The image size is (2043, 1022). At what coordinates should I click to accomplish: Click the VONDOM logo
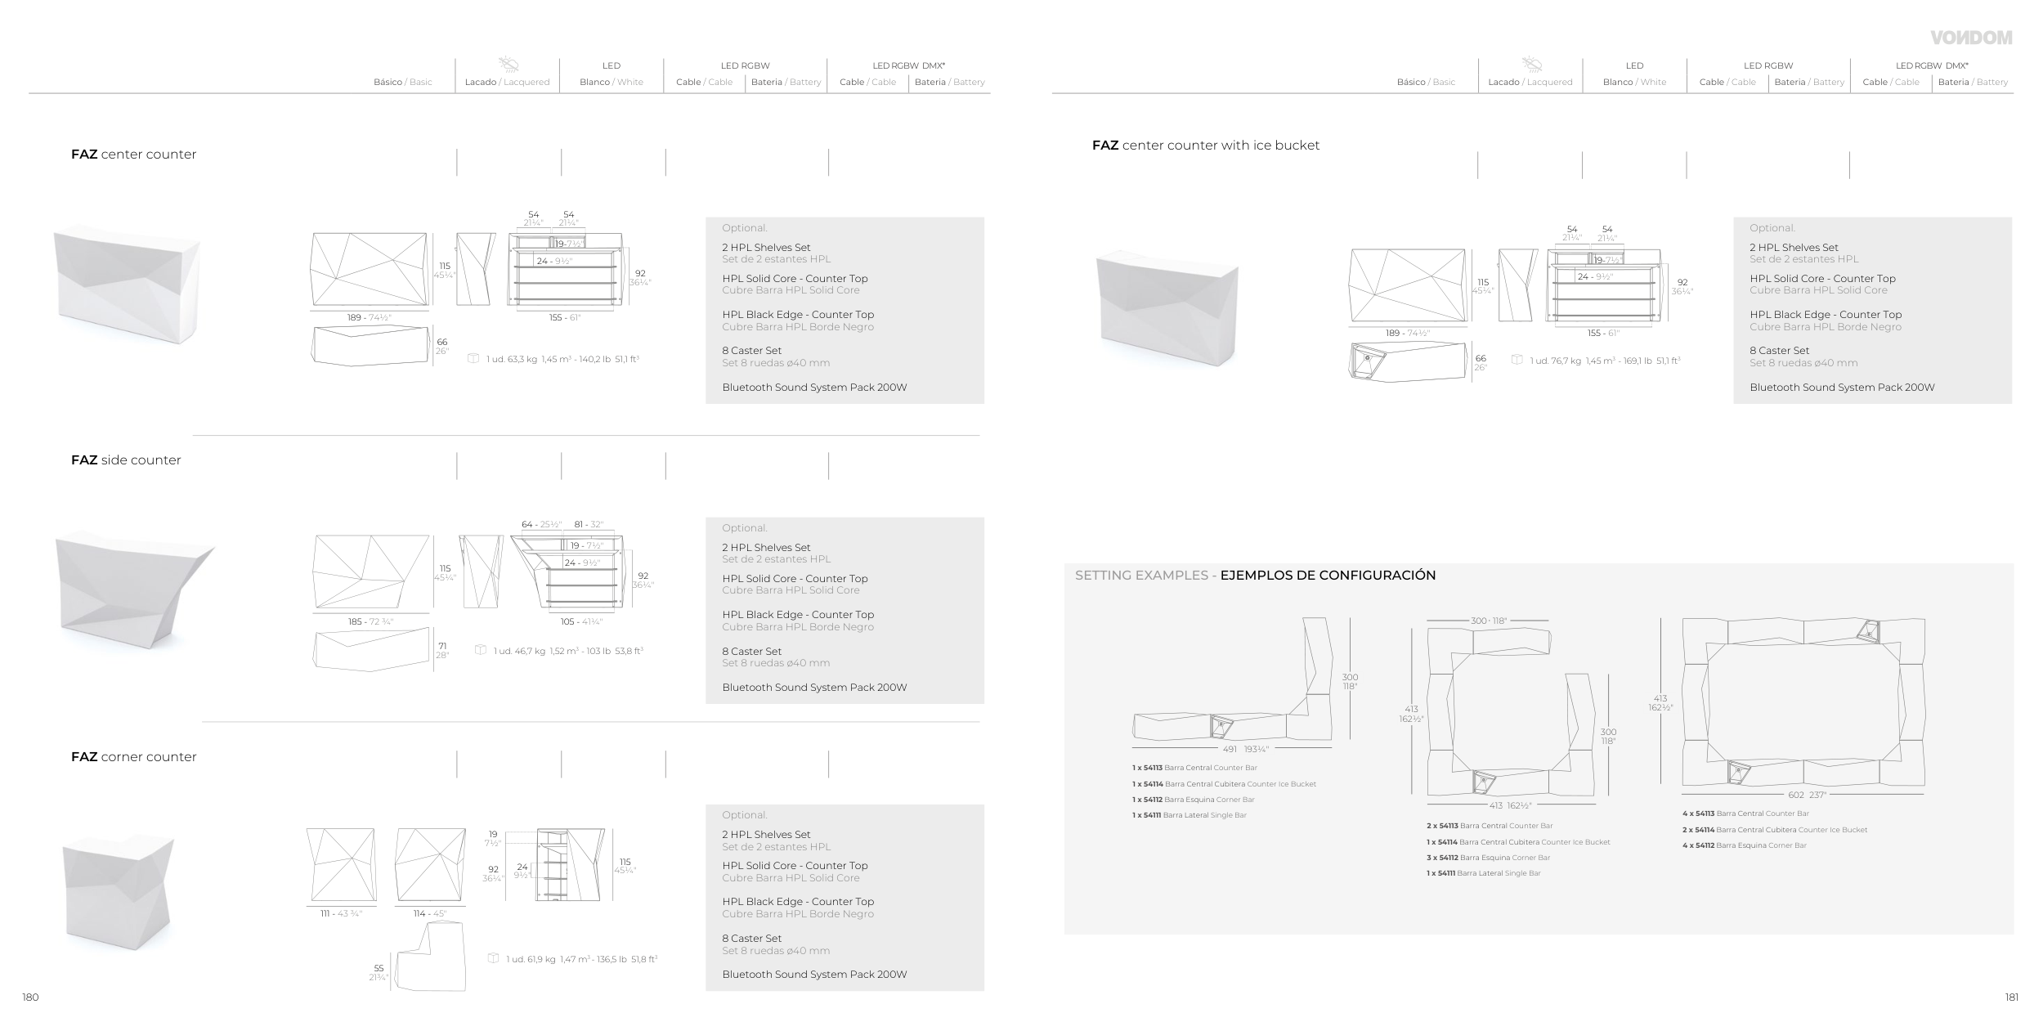pos(1971,38)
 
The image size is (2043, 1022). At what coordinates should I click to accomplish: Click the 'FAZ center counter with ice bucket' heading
pos(1206,146)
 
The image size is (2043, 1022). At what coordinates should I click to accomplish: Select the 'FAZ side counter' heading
pos(126,460)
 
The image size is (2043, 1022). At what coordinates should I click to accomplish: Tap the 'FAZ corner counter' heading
pos(134,757)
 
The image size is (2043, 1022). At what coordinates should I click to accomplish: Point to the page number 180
pos(30,997)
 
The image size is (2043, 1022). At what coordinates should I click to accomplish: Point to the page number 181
pos(2012,997)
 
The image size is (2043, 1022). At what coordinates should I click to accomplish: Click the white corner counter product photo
pos(119,896)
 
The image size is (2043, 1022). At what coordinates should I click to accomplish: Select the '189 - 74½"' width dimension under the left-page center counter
pos(370,318)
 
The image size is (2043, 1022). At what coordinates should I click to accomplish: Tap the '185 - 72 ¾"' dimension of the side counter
pos(370,622)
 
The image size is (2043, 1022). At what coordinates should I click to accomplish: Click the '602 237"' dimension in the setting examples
pos(1806,795)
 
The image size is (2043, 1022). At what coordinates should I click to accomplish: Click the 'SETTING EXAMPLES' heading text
pos(1141,576)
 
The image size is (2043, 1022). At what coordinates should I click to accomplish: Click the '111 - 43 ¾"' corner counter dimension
pos(341,914)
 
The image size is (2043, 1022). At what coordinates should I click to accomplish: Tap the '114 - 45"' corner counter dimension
pos(430,914)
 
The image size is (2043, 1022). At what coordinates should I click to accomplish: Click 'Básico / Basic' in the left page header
pos(403,83)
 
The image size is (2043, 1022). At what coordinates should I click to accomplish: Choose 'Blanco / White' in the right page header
pos(1634,83)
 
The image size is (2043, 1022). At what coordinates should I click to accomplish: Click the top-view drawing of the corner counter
pos(431,957)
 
